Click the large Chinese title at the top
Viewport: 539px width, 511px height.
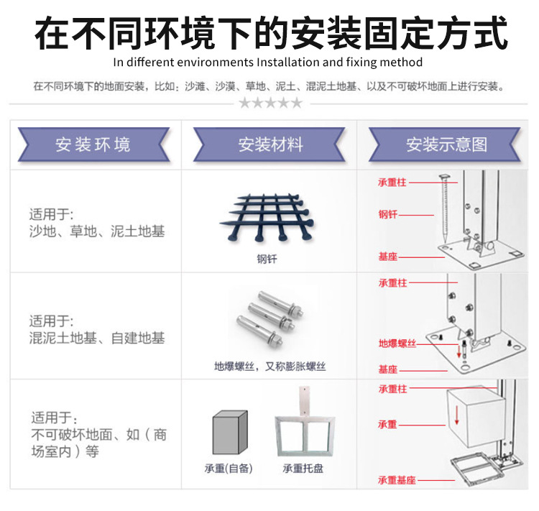pyautogui.click(x=269, y=32)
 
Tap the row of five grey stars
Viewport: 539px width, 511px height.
pyautogui.click(x=270, y=103)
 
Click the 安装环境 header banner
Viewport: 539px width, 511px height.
pyautogui.click(x=93, y=144)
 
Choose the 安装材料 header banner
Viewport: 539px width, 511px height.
pyautogui.click(x=270, y=144)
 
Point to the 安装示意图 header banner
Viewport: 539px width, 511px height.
pyautogui.click(x=446, y=144)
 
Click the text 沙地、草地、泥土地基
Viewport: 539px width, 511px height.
pyautogui.click(x=97, y=231)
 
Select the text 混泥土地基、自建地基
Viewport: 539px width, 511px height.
pyautogui.click(x=97, y=338)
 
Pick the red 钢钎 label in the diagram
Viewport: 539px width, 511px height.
pyautogui.click(x=388, y=214)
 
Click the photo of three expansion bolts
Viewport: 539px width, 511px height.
pyautogui.click(x=267, y=321)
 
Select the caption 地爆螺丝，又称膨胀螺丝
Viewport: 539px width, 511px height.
pyautogui.click(x=269, y=367)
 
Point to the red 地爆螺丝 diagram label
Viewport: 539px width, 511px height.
pyautogui.click(x=397, y=344)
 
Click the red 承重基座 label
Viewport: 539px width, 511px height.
pyautogui.click(x=397, y=479)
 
